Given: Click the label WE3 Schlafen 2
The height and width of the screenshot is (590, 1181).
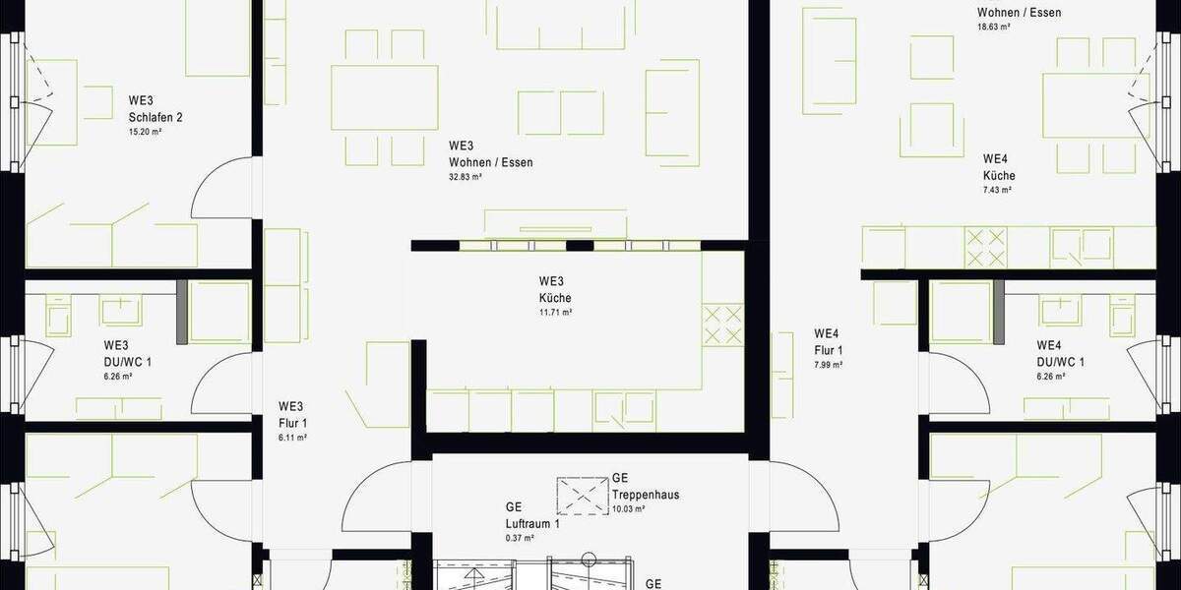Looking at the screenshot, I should tap(155, 108).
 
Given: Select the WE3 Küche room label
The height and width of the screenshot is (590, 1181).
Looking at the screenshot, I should tap(555, 289).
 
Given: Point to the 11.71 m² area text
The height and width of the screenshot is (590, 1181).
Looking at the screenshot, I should tap(555, 312).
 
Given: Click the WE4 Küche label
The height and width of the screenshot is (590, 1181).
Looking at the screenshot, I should tap(998, 167).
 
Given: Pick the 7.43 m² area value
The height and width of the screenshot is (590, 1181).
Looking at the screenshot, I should tap(998, 190).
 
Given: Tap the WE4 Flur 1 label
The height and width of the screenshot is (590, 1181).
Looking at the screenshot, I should tap(829, 341).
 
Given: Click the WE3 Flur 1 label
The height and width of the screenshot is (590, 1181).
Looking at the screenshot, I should tap(291, 415).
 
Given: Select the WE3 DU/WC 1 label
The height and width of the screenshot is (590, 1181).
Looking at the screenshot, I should tap(127, 353).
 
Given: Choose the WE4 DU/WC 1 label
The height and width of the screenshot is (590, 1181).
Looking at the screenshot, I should tap(1061, 353).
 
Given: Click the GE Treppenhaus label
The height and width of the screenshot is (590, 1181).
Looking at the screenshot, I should tap(645, 486).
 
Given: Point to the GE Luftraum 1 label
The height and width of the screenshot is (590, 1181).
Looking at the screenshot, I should tap(531, 516).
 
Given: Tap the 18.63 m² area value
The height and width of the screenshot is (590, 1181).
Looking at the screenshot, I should tap(994, 28).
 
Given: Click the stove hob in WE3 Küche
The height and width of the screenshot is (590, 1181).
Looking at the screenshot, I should tap(723, 324).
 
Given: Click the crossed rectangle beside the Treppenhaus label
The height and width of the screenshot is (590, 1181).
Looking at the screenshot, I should tap(583, 494).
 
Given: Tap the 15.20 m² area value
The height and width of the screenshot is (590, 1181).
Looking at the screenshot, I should tap(145, 131).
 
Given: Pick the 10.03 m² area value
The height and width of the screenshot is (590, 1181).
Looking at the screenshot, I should tap(628, 508).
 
